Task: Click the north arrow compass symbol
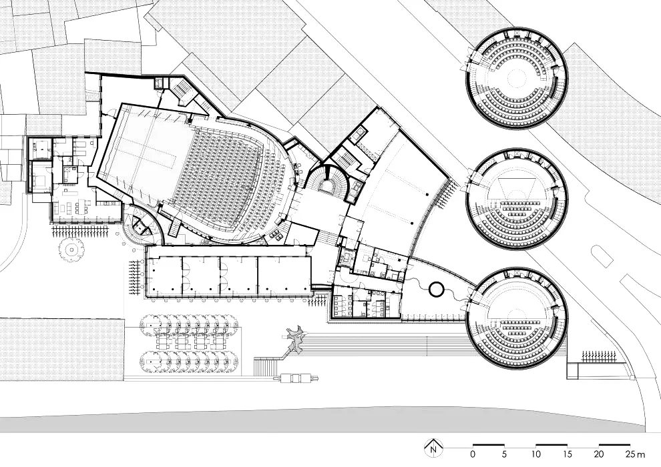(x=433, y=447)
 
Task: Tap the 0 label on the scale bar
(x=473, y=454)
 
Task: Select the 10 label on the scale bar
(x=535, y=454)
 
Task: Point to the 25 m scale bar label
(x=635, y=454)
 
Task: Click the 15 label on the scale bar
(x=568, y=454)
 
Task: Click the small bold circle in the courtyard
(x=436, y=290)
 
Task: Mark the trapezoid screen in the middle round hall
(x=516, y=187)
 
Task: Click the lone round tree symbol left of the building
(x=71, y=250)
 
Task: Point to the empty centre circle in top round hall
(x=515, y=78)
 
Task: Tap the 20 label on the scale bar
(x=599, y=454)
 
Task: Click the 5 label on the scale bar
(x=504, y=454)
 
